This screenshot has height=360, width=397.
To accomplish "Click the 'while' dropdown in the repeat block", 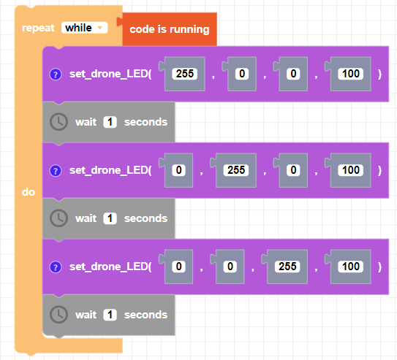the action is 85,28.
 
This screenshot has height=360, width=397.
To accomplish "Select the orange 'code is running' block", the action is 169,29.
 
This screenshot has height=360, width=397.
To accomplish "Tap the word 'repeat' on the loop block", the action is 38,28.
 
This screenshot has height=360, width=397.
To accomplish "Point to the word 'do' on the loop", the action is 29,192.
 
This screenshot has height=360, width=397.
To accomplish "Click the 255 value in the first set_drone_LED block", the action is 185,74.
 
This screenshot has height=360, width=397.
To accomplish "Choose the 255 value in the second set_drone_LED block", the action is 236,170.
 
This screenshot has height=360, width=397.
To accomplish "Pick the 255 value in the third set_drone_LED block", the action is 287,267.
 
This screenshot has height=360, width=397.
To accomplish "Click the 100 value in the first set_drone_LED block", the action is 351,74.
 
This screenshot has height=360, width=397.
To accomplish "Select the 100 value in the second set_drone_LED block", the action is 351,170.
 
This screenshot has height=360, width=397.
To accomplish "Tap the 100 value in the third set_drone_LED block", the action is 351,267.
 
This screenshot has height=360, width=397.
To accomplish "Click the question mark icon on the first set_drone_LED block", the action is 56,74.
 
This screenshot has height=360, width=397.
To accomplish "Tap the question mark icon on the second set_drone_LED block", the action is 56,171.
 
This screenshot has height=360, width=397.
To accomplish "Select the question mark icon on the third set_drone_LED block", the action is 56,267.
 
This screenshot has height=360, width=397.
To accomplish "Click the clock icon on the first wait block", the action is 58,122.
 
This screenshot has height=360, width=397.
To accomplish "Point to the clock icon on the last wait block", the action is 58,315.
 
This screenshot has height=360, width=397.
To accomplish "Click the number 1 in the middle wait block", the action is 110,218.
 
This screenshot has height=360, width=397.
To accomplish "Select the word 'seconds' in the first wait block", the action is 145,122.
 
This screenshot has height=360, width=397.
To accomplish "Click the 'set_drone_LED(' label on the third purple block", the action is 110,267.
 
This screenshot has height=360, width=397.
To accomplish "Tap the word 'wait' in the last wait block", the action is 86,315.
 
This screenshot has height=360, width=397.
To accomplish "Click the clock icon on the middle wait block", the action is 58,218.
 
